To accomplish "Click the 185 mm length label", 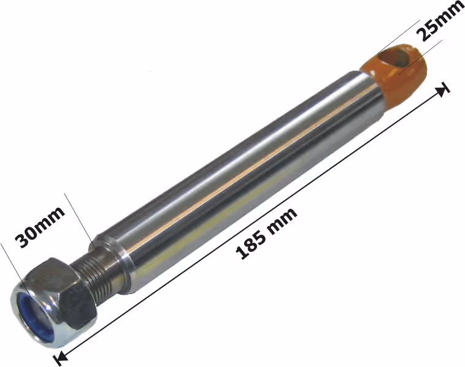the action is pyautogui.click(x=266, y=233).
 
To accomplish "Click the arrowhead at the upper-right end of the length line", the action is pyautogui.click(x=444, y=89).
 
